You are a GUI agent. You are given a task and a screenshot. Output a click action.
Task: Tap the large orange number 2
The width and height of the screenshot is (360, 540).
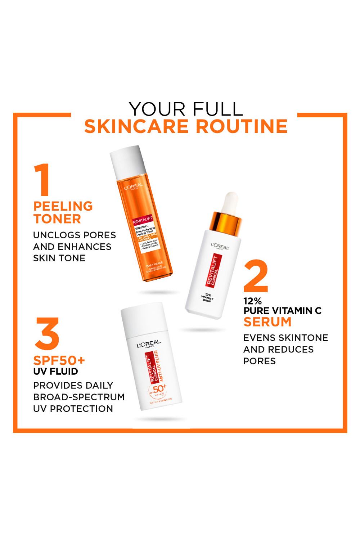[x=256, y=276]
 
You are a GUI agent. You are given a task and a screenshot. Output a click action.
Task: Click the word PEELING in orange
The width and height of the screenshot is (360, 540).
[x=63, y=206]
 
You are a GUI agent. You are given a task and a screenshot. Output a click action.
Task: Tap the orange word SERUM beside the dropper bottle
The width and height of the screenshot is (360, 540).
[x=267, y=322]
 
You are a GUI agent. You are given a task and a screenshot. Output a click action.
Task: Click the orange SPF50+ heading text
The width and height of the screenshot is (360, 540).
[x=59, y=360]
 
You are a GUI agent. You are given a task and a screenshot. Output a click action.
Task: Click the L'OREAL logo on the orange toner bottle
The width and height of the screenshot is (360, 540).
[x=134, y=187]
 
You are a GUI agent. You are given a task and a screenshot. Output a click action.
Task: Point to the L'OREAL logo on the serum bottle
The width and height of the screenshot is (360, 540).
[x=220, y=247]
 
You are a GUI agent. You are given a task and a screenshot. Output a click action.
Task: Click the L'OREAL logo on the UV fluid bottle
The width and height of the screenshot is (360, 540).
[x=149, y=345]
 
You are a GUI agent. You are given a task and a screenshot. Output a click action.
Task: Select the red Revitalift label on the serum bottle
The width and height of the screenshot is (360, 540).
[x=213, y=270]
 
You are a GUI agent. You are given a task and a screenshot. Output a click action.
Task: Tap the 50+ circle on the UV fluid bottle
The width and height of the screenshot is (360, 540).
[x=158, y=389]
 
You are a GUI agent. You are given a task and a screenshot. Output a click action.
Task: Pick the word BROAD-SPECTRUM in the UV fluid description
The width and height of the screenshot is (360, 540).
[x=79, y=397]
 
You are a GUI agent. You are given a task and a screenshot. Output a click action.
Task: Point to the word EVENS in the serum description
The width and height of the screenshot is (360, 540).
[x=258, y=338]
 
